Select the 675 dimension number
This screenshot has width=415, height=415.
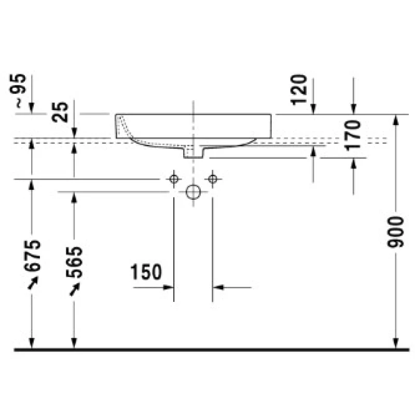coord(32,255)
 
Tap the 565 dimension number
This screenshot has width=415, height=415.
coord(74,262)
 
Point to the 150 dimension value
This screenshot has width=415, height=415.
coord(146,272)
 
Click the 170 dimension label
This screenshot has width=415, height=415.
coord(353,135)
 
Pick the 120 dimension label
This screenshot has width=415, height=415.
coord(299,89)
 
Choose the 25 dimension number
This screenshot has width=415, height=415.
coord(60,112)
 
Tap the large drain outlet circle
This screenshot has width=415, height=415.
coord(193,192)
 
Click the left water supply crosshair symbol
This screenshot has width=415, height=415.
coord(174,179)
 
